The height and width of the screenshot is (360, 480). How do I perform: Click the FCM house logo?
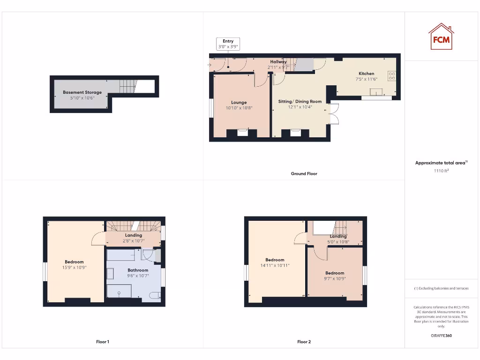click(x=441, y=37)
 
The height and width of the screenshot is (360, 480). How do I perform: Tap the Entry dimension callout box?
click(x=228, y=44)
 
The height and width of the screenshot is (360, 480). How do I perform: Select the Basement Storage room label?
click(x=82, y=92)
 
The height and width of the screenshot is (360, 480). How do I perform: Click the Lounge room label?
click(x=239, y=102)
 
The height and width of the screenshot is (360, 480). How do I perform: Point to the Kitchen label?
click(x=366, y=74)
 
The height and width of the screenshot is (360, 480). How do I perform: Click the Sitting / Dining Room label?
click(x=300, y=101)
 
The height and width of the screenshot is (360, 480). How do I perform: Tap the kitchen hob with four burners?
click(x=391, y=76)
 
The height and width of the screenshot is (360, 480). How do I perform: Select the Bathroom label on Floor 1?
click(x=138, y=270)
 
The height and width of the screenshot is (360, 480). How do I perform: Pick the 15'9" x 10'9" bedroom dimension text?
click(x=74, y=267)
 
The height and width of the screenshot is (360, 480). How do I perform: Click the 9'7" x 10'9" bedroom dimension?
click(x=335, y=278)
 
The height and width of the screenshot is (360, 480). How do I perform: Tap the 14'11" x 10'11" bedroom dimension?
click(x=275, y=265)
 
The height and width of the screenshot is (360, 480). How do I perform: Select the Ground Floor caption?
click(x=304, y=173)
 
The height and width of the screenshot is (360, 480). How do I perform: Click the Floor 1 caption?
click(x=103, y=342)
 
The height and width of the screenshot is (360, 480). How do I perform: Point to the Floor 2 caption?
click(x=304, y=342)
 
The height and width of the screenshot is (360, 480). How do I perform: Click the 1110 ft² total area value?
click(x=441, y=171)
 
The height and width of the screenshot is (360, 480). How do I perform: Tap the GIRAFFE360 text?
click(x=441, y=336)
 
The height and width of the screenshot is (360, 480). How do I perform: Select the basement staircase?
click(x=127, y=86)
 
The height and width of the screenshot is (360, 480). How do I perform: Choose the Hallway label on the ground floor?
click(x=278, y=62)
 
